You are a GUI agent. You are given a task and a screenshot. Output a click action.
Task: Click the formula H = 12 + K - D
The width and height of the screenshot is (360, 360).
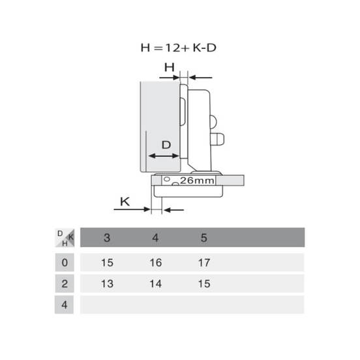179,48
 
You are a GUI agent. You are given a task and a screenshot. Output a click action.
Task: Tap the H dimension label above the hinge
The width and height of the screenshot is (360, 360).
170,67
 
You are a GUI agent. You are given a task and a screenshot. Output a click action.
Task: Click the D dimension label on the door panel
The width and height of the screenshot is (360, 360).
166,145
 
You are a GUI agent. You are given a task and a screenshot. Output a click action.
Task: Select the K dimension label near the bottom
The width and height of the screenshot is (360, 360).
125,202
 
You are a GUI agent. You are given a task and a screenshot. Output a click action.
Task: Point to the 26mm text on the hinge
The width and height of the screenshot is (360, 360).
197,181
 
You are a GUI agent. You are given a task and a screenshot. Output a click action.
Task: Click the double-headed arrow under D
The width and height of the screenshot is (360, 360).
164,156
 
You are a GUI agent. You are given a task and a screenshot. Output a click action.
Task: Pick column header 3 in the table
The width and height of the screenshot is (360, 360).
107,237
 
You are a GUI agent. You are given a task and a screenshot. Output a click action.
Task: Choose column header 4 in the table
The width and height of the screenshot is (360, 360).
155,237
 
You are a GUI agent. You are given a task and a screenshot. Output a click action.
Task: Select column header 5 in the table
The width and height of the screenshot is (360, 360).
204,237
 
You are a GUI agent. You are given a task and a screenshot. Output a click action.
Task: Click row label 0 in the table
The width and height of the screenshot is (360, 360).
65,262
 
